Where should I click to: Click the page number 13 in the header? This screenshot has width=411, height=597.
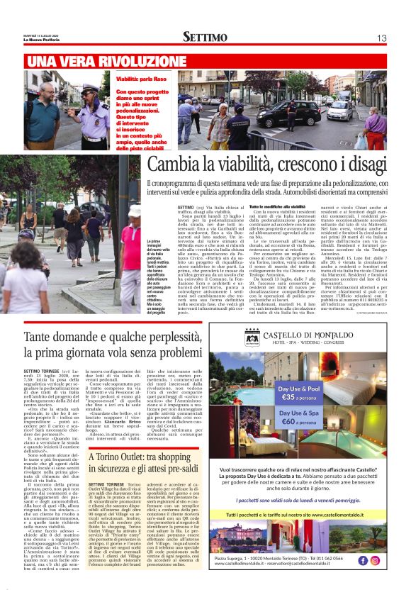381,38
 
